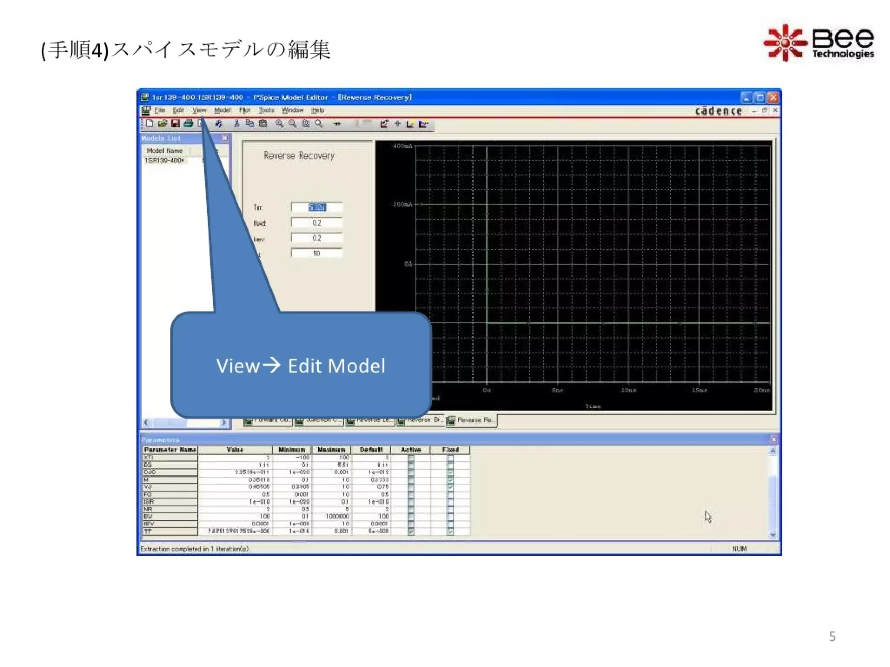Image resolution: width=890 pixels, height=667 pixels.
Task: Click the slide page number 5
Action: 832,636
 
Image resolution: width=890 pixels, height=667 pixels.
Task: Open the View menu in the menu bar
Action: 199,110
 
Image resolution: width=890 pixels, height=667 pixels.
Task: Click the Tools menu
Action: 266,110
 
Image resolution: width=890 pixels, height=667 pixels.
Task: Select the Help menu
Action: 318,110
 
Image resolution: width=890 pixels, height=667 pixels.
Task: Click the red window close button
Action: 773,98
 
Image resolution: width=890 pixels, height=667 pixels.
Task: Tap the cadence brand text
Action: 718,111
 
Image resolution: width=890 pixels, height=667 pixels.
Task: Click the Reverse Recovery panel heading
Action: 299,155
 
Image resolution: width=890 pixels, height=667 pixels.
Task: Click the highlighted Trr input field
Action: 317,208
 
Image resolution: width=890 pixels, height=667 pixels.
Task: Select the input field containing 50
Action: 317,253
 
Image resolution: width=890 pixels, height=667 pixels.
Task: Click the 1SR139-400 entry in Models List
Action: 164,161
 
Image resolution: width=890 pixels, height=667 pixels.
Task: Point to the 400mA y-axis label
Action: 402,146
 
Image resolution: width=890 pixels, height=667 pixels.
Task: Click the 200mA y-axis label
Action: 402,205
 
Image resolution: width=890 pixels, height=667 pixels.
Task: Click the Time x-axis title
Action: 593,406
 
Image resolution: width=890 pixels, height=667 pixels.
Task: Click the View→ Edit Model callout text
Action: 301,366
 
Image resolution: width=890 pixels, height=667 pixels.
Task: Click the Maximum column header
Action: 331,450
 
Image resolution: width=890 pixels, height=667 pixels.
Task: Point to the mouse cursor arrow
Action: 707,516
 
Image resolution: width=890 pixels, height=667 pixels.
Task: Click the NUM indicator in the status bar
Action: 739,549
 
